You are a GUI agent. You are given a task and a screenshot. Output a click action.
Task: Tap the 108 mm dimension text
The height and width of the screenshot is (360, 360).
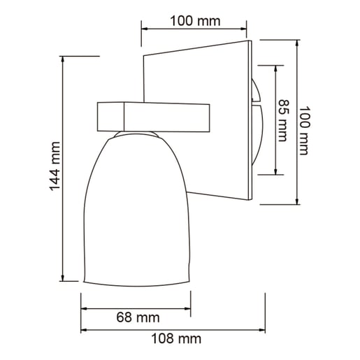[175, 339]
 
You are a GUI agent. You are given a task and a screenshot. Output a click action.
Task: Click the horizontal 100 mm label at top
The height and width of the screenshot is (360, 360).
[195, 20]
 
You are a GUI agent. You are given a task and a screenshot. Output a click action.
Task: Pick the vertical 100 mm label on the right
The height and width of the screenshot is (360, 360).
[303, 131]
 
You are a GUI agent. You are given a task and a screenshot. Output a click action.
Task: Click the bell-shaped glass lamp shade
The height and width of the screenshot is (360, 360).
[136, 210]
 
